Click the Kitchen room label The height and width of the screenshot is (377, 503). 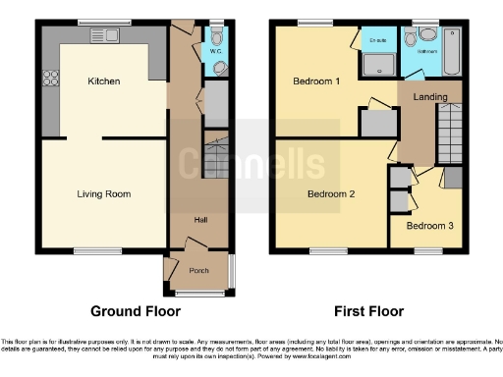click(103, 81)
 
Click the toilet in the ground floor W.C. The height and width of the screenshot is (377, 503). click(217, 67)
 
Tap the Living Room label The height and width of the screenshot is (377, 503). click(103, 194)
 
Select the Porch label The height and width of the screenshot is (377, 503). click(199, 270)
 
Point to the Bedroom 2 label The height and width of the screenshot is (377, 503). click(331, 194)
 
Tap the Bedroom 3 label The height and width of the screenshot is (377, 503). click(430, 226)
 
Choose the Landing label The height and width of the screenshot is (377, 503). click(430, 97)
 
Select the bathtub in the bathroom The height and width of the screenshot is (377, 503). click(453, 52)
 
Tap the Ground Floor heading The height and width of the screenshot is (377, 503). click(136, 312)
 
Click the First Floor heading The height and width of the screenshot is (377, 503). click(369, 312)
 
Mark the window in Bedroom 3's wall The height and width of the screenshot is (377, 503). click(429, 250)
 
